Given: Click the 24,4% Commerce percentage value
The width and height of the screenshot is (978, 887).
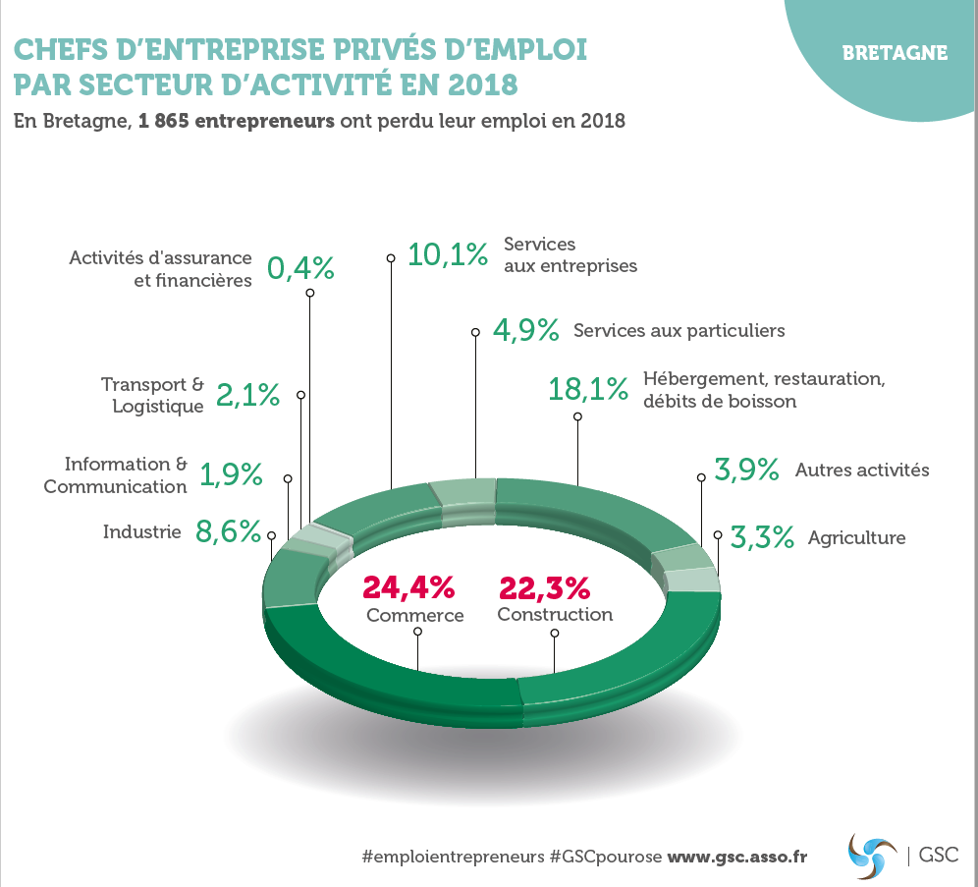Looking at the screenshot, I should tap(408, 587).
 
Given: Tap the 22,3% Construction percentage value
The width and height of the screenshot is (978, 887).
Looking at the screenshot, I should tap(545, 587).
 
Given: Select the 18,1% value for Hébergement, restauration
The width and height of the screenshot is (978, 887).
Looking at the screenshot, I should tap(587, 389).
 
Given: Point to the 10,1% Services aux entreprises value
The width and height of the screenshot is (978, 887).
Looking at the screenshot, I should tap(448, 254).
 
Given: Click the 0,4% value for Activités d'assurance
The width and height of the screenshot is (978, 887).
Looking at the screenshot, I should tap(300, 268).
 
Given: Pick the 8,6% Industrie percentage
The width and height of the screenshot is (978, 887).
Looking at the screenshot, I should tap(230, 532).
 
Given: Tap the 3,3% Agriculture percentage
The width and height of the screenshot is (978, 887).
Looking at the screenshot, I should tap(762, 537).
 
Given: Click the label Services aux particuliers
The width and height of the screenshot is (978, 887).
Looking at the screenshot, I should tap(679, 330).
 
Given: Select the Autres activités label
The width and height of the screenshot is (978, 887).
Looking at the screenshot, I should tap(861, 471).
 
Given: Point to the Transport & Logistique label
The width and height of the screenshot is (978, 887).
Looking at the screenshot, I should tap(153, 395).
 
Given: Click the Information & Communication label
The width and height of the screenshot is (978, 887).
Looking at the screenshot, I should tap(116, 474).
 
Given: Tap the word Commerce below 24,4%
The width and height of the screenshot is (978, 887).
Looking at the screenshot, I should tap(414, 616).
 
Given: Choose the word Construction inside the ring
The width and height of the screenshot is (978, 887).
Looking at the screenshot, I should tap(555, 615).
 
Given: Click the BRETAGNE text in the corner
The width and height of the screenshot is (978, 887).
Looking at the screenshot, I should tap(895, 53).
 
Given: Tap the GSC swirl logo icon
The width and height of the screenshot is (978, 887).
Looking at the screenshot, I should tap(872, 855).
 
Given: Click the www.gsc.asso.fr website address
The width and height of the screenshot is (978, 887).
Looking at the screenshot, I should tap(737, 856).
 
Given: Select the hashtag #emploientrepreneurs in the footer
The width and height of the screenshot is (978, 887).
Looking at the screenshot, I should tap(453, 856).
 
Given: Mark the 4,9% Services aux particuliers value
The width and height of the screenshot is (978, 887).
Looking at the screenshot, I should tap(526, 330).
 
